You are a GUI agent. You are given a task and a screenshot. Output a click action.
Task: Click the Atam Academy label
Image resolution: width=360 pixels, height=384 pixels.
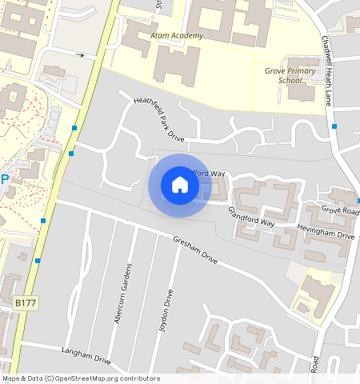(x=177, y=36)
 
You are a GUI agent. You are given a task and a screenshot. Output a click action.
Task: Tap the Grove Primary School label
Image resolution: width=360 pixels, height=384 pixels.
(x=290, y=75)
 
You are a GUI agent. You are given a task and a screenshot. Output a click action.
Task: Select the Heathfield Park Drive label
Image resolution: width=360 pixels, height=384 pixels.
(x=158, y=119)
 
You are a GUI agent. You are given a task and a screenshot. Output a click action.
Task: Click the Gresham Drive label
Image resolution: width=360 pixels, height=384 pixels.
(x=195, y=249)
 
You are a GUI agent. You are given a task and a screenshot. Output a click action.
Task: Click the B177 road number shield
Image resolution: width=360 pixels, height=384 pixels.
(x=26, y=304)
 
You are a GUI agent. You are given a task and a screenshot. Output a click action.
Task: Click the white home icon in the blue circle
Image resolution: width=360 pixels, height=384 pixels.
(x=180, y=186)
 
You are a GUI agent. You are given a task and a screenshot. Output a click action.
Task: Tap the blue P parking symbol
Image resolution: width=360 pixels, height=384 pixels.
(x=4, y=180)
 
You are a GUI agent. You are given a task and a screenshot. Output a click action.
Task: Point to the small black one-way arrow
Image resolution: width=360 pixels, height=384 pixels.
(x=80, y=55)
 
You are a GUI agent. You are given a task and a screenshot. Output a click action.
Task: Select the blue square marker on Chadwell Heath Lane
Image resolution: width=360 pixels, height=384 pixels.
(x=334, y=126)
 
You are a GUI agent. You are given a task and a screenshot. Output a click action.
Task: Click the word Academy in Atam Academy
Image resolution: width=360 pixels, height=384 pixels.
(x=187, y=36)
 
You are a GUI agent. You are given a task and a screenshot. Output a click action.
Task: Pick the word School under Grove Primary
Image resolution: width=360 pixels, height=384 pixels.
(x=290, y=80)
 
